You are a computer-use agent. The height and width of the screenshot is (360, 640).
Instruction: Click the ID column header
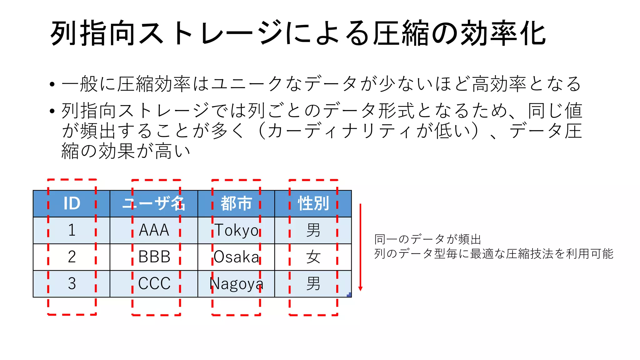72,203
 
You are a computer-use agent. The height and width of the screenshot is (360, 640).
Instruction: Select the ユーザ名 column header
154,203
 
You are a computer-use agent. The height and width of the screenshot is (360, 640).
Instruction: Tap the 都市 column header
236,203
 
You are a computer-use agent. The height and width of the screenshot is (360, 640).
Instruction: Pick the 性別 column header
313,203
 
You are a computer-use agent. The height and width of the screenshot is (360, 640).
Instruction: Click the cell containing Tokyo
236,230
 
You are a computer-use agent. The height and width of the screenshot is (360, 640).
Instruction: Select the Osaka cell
236,257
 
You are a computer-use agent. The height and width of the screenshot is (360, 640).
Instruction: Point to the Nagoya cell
236,284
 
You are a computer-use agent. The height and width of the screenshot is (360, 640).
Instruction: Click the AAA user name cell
154,230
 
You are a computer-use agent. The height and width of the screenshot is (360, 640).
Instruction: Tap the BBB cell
154,257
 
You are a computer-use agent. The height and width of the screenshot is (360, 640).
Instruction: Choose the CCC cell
154,284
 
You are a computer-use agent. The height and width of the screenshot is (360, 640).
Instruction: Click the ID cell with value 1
72,230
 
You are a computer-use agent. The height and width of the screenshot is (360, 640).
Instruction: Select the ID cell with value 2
72,257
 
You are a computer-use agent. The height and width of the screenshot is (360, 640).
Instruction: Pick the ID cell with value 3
72,284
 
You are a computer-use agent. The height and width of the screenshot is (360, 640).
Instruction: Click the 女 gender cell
313,257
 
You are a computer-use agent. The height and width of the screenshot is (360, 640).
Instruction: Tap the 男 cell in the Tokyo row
313,230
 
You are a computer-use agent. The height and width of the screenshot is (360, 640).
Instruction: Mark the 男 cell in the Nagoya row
313,284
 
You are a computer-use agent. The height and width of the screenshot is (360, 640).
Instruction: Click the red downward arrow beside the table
360,247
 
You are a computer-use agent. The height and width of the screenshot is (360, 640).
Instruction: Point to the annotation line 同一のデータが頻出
427,239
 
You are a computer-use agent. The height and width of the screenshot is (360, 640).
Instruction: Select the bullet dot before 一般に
52,84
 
